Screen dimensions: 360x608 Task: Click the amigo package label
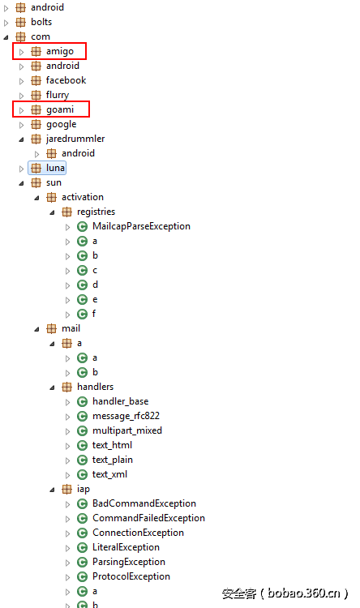60,51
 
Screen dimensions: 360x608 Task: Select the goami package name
60,109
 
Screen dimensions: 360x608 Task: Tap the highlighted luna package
55,168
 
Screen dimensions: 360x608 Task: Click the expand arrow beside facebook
22,81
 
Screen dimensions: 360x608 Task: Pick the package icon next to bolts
20,22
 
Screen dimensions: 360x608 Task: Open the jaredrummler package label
75,139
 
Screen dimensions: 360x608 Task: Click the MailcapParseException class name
141,226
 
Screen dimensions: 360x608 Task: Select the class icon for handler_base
82,402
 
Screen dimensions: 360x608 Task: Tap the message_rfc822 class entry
126,416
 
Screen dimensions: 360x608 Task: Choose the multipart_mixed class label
126,430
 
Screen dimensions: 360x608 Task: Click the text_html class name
112,445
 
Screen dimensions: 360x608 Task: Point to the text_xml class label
109,474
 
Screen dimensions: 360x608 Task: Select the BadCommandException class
144,503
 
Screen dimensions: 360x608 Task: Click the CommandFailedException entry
148,518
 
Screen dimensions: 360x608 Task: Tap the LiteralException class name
126,547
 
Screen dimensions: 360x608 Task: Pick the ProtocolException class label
131,576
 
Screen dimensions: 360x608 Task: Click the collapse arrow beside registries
53,212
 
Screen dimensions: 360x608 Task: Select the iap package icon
67,490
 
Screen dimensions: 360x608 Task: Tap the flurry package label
58,95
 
